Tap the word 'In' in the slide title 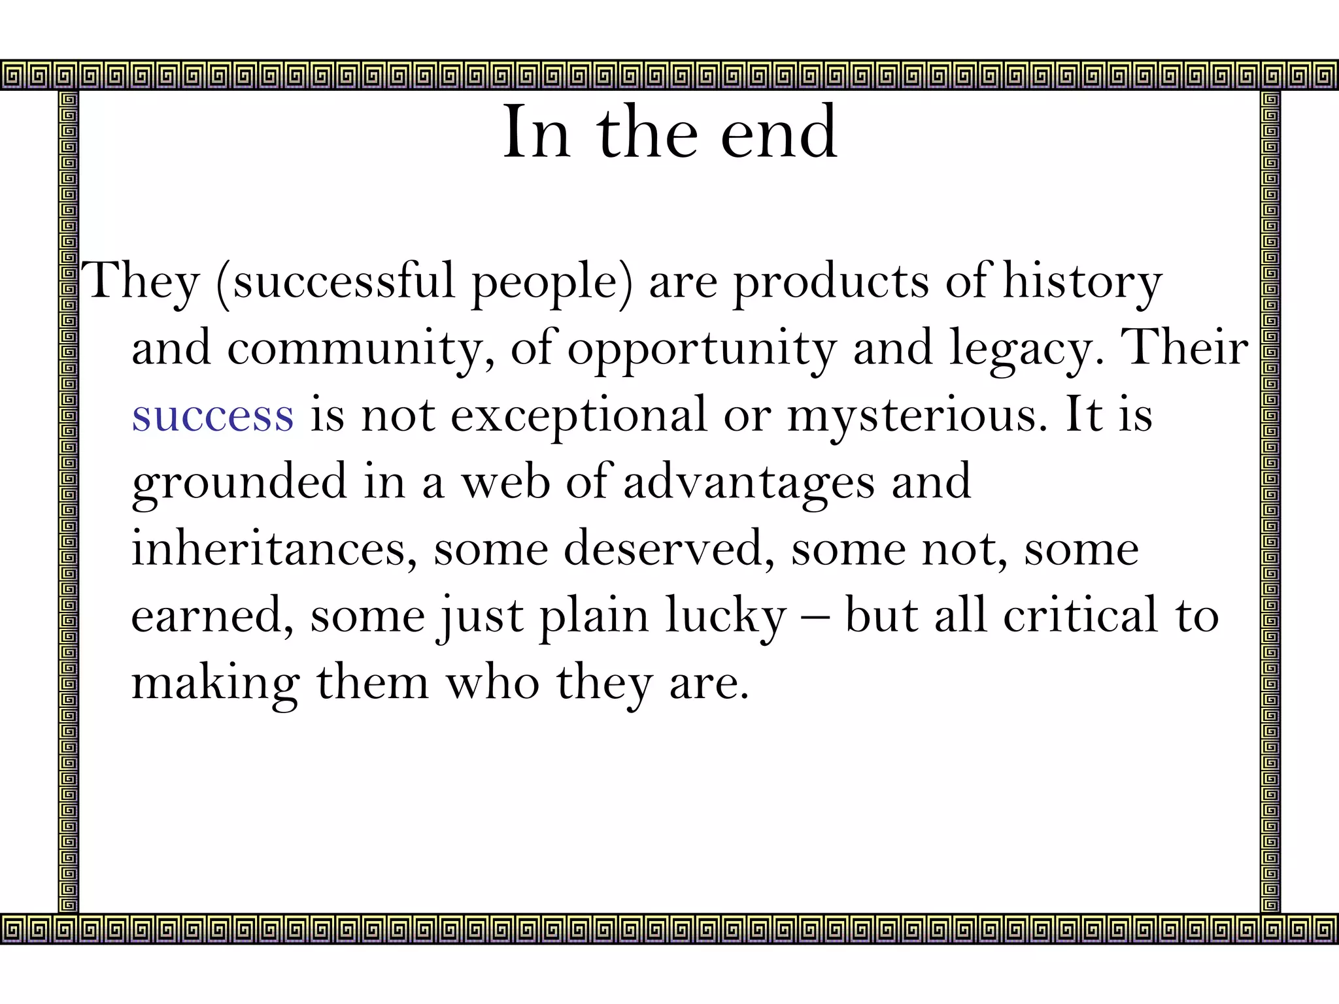tap(536, 134)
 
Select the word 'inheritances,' tap(275, 549)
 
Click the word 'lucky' tap(726, 616)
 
